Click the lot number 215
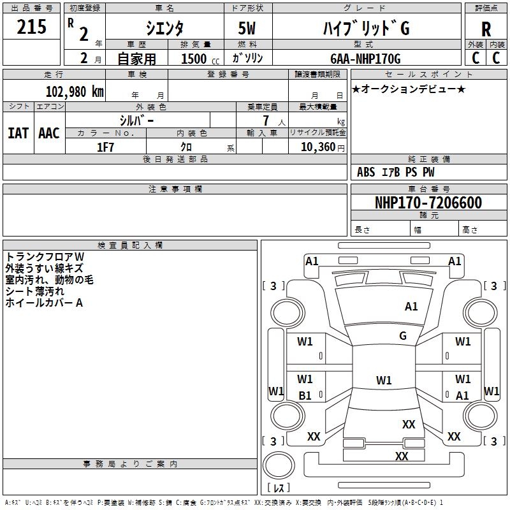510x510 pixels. [x=31, y=26]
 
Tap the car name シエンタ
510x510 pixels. [x=164, y=28]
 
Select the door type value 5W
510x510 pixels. [x=247, y=28]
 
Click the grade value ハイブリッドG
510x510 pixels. [x=366, y=28]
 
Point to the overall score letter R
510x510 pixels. [x=486, y=29]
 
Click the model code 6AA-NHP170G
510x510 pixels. [x=365, y=59]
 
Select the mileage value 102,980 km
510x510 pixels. [x=75, y=91]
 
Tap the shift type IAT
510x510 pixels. [x=18, y=133]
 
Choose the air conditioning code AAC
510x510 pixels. [x=49, y=133]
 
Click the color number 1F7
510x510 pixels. [x=105, y=147]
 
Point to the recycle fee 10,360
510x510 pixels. [x=317, y=147]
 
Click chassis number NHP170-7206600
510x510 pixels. [x=428, y=203]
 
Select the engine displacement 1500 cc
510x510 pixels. [x=200, y=59]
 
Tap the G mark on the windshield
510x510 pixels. [x=403, y=336]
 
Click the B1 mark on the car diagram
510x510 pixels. [x=305, y=395]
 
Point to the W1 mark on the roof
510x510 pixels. [x=384, y=380]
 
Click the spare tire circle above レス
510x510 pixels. [x=279, y=465]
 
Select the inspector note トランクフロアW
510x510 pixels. [x=45, y=257]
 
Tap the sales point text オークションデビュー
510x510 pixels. [x=409, y=89]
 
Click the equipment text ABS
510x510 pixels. [x=366, y=172]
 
